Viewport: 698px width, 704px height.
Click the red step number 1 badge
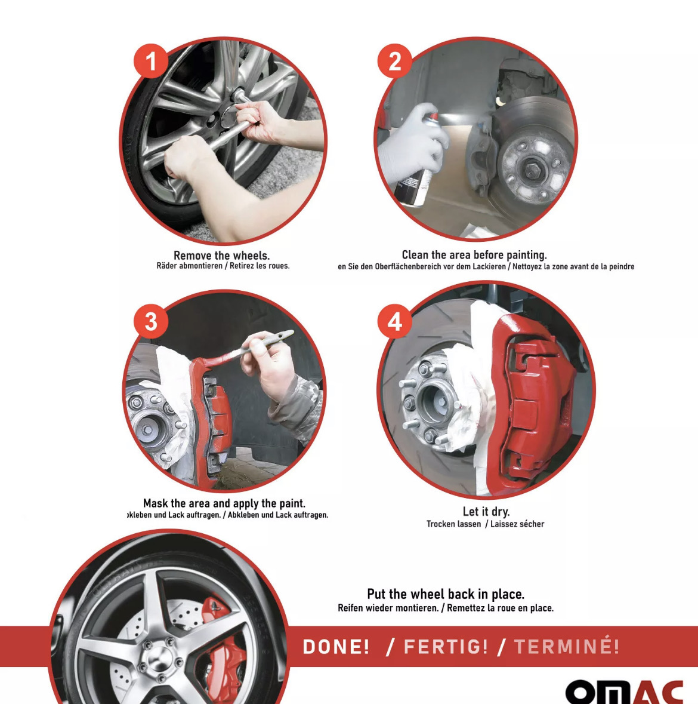click(151, 61)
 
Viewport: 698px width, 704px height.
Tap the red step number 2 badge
click(395, 61)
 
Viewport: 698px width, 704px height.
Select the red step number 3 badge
click(151, 321)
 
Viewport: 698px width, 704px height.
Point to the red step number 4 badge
click(395, 321)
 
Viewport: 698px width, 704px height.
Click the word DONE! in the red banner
click(336, 647)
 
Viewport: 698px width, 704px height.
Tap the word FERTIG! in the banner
click(446, 647)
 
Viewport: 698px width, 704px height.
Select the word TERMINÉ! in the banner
click(567, 647)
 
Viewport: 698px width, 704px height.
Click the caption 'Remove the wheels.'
click(221, 255)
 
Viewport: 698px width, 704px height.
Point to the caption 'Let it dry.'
click(486, 511)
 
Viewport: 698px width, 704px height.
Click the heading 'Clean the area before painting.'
click(474, 255)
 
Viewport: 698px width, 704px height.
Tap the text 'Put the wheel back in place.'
click(446, 594)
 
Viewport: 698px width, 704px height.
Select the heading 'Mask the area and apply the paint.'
click(224, 503)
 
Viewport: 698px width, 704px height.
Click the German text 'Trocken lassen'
click(453, 524)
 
